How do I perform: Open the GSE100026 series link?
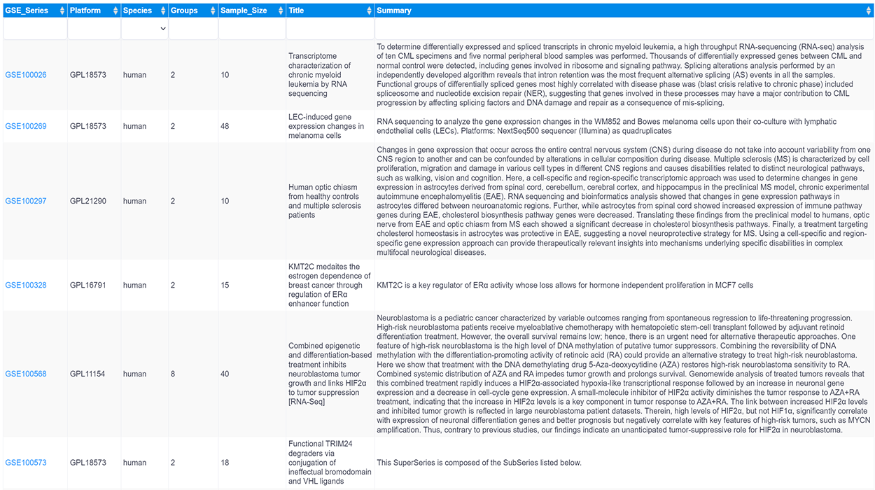click(26, 75)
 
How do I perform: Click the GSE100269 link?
click(26, 127)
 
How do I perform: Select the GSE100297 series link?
click(26, 202)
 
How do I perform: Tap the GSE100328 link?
click(26, 286)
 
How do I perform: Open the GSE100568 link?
click(26, 374)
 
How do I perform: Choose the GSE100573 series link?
click(26, 463)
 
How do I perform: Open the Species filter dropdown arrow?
click(163, 29)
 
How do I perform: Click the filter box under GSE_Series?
click(34, 29)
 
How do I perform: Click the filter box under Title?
click(330, 29)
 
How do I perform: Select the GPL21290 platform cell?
click(88, 202)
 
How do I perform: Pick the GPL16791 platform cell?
click(88, 286)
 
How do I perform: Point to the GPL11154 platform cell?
click(88, 374)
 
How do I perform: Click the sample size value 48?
click(225, 127)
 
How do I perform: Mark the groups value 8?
click(173, 374)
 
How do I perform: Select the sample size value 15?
click(225, 286)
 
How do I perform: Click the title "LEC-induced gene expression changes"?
click(326, 127)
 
